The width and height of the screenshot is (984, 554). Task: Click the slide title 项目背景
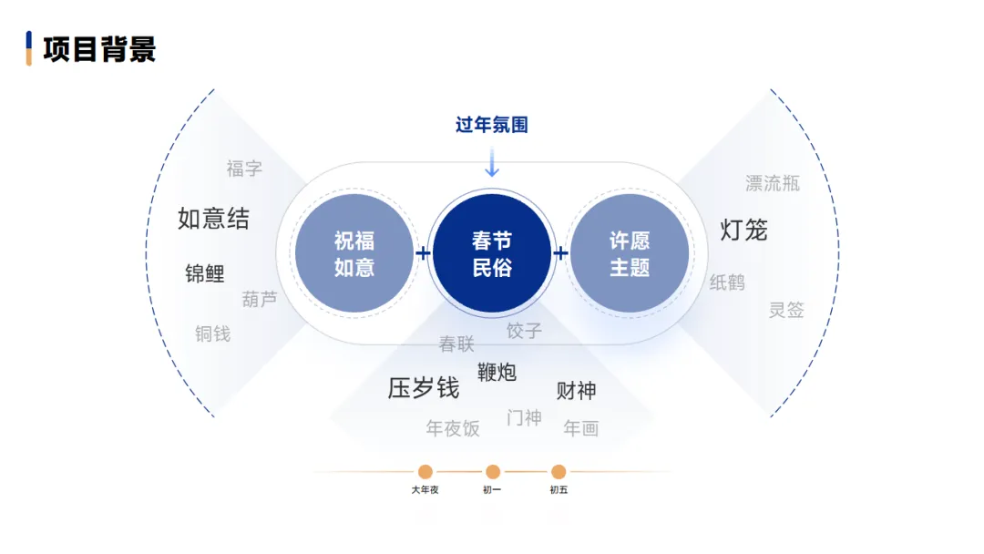tap(98, 48)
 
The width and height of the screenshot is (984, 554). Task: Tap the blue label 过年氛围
tap(492, 125)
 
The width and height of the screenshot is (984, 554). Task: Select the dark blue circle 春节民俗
tap(492, 253)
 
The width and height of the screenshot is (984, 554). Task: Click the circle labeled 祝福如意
tap(354, 253)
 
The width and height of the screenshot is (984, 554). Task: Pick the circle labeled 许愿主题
tap(630, 253)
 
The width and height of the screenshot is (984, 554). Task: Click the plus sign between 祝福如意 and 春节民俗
tap(424, 253)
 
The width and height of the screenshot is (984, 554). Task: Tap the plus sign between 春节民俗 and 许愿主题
tap(560, 253)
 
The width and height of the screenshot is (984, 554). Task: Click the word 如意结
tap(213, 219)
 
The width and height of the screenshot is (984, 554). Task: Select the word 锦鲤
tap(205, 273)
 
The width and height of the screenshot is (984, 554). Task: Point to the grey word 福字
tap(244, 169)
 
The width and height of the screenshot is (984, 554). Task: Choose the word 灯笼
tap(743, 230)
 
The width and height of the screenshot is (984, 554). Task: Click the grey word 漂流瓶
tap(773, 183)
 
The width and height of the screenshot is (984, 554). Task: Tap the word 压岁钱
tap(424, 388)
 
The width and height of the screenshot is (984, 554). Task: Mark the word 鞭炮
tap(497, 372)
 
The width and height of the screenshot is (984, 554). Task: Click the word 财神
tap(576, 391)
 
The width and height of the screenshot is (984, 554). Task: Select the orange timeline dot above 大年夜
tap(425, 472)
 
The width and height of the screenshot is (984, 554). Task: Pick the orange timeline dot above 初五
tap(559, 472)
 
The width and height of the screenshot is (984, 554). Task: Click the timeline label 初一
tap(492, 490)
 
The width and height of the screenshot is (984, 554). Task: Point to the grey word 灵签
tap(786, 310)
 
